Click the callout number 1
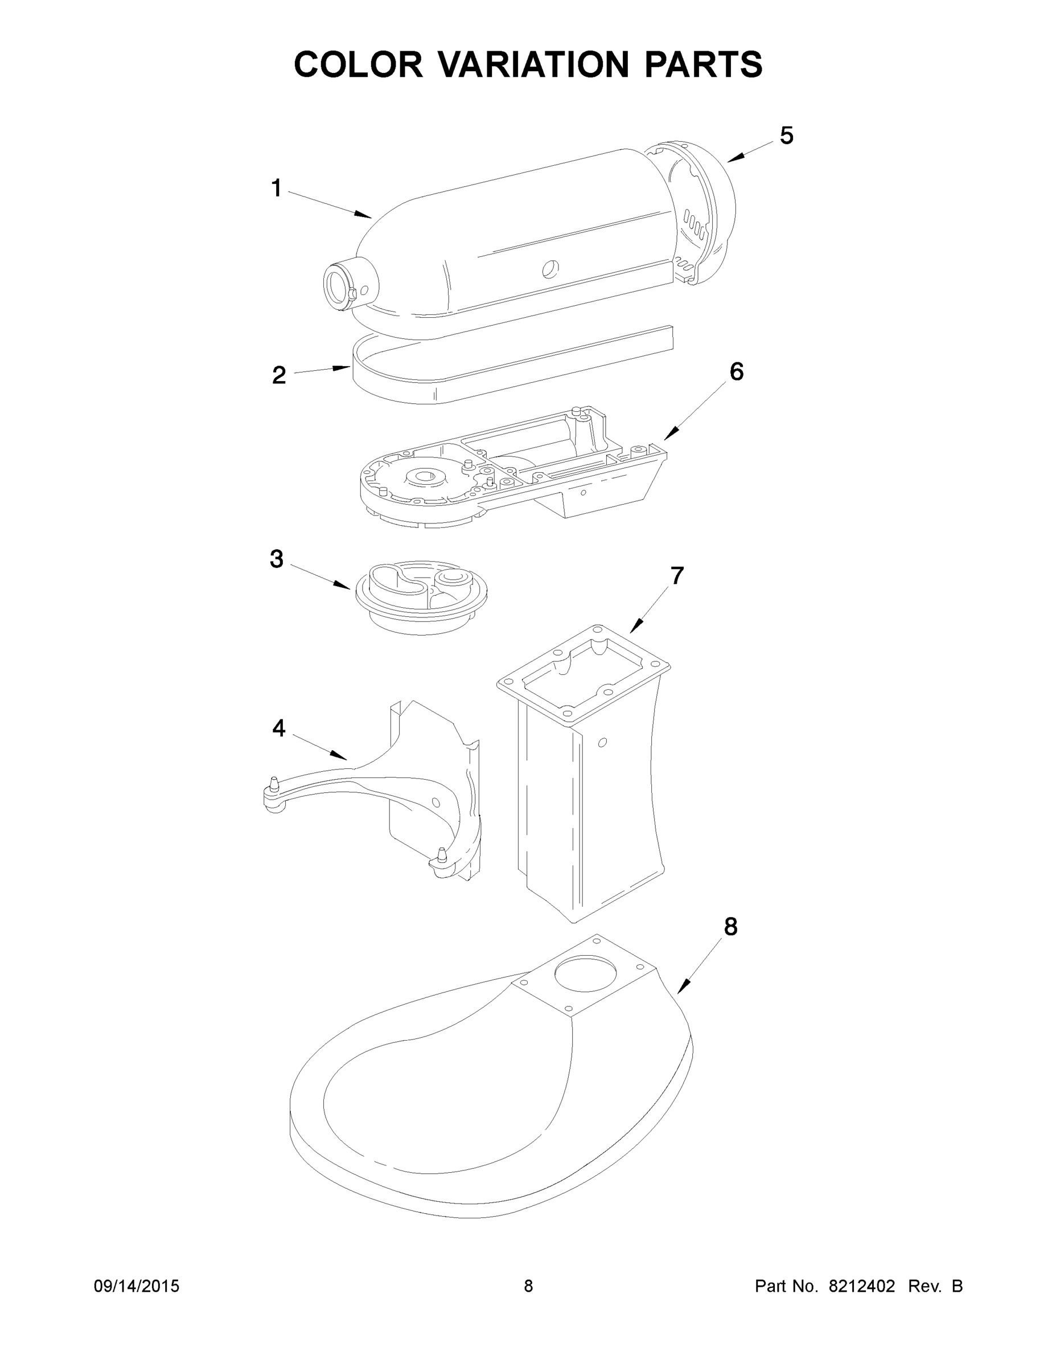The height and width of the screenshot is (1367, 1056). click(x=277, y=188)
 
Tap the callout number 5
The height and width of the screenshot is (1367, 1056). click(x=786, y=135)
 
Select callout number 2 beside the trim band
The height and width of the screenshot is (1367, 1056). click(x=279, y=375)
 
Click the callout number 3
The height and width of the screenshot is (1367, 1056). click(x=277, y=559)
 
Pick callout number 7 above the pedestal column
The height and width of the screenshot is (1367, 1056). click(x=677, y=575)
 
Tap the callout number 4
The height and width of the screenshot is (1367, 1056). click(x=279, y=727)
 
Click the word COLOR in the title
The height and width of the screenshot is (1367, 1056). click(x=359, y=64)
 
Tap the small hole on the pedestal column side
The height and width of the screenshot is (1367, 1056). click(x=602, y=742)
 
